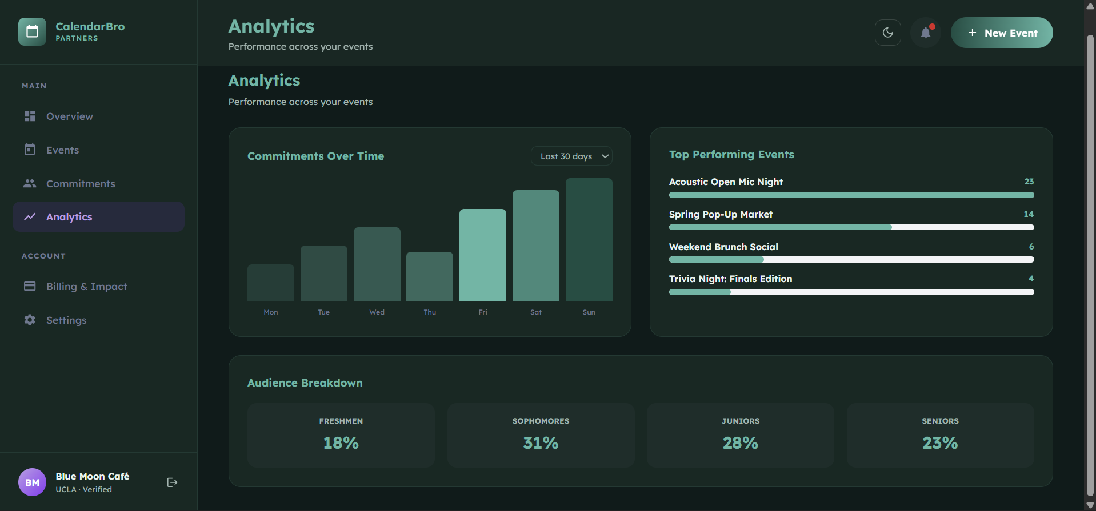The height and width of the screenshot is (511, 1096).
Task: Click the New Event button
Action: click(x=1001, y=33)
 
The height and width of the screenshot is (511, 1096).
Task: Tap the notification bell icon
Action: click(x=926, y=33)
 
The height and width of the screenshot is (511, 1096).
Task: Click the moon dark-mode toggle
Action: click(x=887, y=33)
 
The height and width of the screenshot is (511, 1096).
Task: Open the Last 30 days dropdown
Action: click(x=571, y=156)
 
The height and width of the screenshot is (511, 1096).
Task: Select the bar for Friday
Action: click(x=482, y=255)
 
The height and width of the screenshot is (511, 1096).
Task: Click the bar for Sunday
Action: click(x=589, y=240)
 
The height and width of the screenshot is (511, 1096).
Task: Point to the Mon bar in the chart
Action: click(x=271, y=283)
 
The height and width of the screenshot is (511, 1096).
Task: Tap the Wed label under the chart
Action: click(x=377, y=312)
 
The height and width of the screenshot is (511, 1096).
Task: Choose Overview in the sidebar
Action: click(x=70, y=116)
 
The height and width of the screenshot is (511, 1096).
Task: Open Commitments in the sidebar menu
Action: click(x=81, y=184)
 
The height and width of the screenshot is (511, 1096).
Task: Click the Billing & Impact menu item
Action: click(x=86, y=287)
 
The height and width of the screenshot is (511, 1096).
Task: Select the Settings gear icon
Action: click(x=30, y=320)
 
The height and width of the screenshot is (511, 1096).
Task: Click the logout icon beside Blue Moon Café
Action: click(x=172, y=482)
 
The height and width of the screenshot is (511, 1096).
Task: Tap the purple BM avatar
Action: click(x=33, y=482)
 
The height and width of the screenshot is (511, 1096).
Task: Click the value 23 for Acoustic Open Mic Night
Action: click(x=1029, y=182)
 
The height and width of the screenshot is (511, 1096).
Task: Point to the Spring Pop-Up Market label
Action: click(x=721, y=214)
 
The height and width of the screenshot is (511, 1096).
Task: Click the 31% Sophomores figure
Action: click(x=541, y=443)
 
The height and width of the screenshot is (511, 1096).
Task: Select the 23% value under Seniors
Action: click(x=940, y=443)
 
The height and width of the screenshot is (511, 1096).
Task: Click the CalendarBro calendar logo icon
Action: click(x=32, y=31)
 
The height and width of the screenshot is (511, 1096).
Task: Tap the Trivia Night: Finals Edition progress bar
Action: click(x=851, y=292)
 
